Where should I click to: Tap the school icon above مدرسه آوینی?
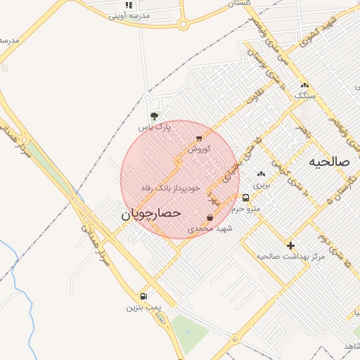tap(128, 5)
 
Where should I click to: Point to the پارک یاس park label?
tap(154, 127)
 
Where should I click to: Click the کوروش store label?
tap(199, 148)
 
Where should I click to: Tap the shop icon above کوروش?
tap(199, 138)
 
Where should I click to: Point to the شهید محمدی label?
tap(210, 229)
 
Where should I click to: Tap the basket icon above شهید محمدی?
tap(210, 218)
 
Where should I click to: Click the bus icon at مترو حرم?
tap(245, 198)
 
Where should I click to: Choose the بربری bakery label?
tap(262, 185)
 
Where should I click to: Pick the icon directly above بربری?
tap(262, 174)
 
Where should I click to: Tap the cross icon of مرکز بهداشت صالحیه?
tap(290, 245)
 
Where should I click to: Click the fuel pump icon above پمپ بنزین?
tap(143, 297)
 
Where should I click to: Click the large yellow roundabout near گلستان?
tap(183, 25)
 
